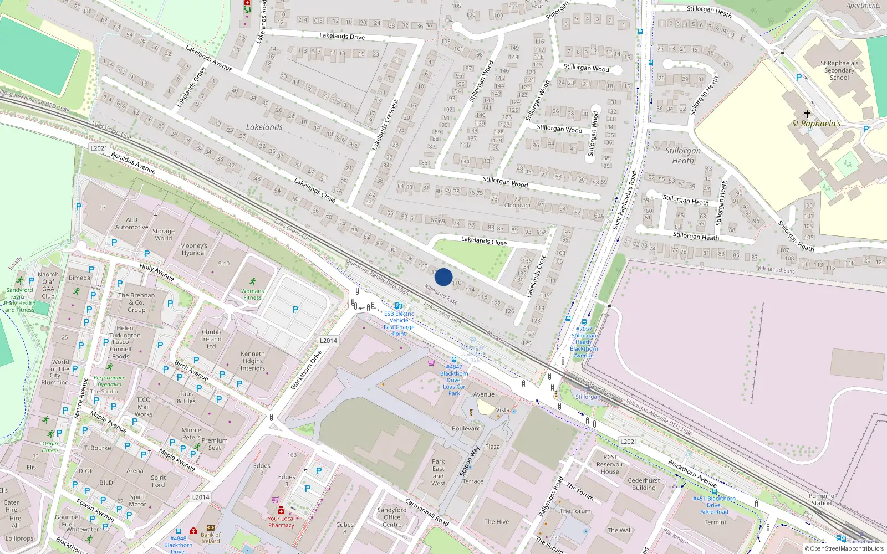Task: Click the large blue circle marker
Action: click(x=443, y=277)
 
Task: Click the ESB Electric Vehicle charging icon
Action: click(x=399, y=305)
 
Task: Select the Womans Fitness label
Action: click(x=252, y=294)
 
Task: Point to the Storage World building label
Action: click(x=163, y=235)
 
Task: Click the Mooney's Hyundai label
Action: click(x=193, y=249)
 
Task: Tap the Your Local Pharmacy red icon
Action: click(x=281, y=510)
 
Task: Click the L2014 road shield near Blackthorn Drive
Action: click(x=328, y=341)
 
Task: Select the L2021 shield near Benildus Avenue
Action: click(x=99, y=148)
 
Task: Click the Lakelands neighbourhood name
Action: click(x=264, y=127)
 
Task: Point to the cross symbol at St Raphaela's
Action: click(x=807, y=114)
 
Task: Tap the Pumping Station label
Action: click(x=821, y=499)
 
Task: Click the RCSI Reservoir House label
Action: click(x=610, y=464)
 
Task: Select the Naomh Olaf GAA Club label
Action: click(x=48, y=285)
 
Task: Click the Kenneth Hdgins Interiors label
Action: click(x=253, y=361)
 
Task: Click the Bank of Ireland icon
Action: click(x=210, y=528)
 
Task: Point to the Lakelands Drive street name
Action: click(x=342, y=36)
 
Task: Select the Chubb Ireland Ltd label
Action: click(x=211, y=339)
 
